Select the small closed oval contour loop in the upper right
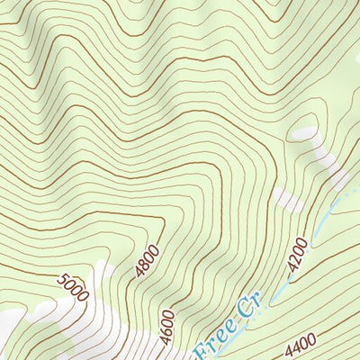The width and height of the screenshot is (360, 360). [x=303, y=132]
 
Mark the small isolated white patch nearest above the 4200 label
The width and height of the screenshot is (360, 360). [x=287, y=200]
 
